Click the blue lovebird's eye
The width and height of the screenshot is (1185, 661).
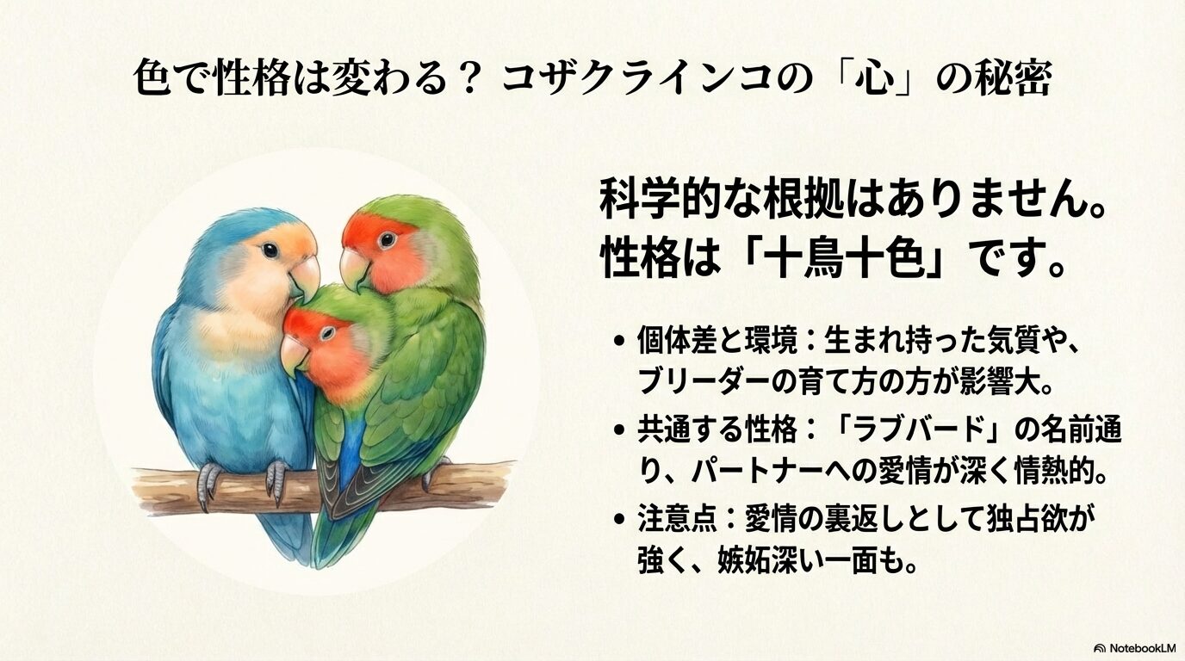270,250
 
